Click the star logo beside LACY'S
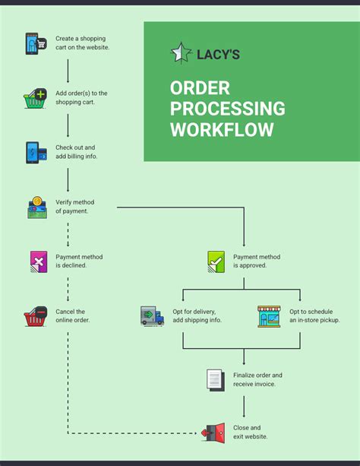tap(181, 52)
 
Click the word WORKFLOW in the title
tap(222, 130)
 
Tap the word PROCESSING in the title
tap(227, 109)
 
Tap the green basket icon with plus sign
tap(35, 98)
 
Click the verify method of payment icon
tap(36, 206)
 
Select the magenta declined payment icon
tap(38, 261)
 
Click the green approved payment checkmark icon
tap(216, 262)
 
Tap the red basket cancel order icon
tap(36, 316)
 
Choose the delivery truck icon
tap(152, 316)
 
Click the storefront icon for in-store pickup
tap(268, 316)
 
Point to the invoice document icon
tap(216, 379)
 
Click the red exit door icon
tap(214, 433)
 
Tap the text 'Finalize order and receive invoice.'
tap(257, 379)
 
